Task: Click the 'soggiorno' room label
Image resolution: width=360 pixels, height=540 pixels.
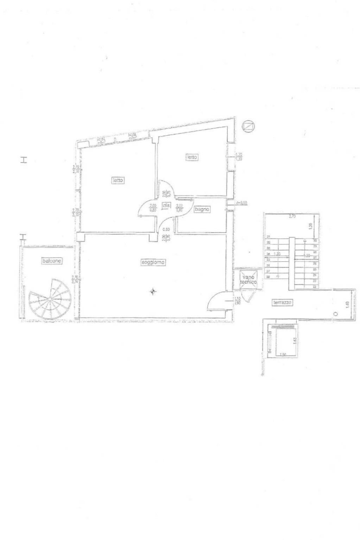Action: pos(153,262)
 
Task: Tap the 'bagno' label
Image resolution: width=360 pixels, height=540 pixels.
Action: pos(202,209)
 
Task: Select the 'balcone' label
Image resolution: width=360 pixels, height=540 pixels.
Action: pos(52,261)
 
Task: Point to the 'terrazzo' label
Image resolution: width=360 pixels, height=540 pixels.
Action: pos(283,302)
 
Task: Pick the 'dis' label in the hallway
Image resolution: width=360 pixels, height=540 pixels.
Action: pos(166,206)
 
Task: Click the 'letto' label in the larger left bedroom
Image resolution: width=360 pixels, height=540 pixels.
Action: pos(118,180)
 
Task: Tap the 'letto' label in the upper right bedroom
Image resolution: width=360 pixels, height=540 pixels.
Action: pos(192,157)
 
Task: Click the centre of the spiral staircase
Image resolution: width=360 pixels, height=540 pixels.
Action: pos(50,298)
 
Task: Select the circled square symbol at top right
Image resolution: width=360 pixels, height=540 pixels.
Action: pos(248,126)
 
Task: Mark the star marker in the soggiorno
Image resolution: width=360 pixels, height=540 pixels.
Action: pos(152,291)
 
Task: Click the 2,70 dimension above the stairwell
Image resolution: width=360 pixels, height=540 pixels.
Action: pos(292,217)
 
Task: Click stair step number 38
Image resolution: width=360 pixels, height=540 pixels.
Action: pos(268,277)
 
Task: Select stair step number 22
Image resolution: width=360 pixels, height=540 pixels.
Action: pos(315,287)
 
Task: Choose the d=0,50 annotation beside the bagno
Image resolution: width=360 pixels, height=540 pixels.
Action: pos(242,203)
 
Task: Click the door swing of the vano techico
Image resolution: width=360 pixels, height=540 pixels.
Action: pos(250,296)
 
